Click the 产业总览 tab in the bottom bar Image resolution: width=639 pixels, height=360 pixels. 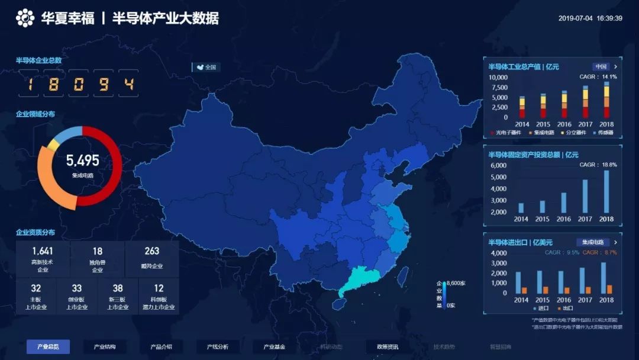tap(48, 346)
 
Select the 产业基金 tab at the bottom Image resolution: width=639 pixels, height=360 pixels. tap(275, 346)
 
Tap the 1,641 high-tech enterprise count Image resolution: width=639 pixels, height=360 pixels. tap(43, 251)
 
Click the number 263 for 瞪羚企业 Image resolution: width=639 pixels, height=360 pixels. tap(152, 251)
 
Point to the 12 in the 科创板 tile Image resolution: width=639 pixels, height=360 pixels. tap(159, 288)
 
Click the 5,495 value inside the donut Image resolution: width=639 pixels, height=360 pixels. tap(82, 160)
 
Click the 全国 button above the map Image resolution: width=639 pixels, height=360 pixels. tap(206, 67)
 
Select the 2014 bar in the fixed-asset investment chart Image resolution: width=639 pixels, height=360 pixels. tap(521, 208)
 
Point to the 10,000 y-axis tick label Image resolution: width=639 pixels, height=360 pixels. tap(498, 78)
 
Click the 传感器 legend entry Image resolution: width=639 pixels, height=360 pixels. tap(603, 133)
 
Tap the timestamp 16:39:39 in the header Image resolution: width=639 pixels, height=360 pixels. tap(609, 18)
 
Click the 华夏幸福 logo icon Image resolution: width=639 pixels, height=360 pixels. tap(25, 18)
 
